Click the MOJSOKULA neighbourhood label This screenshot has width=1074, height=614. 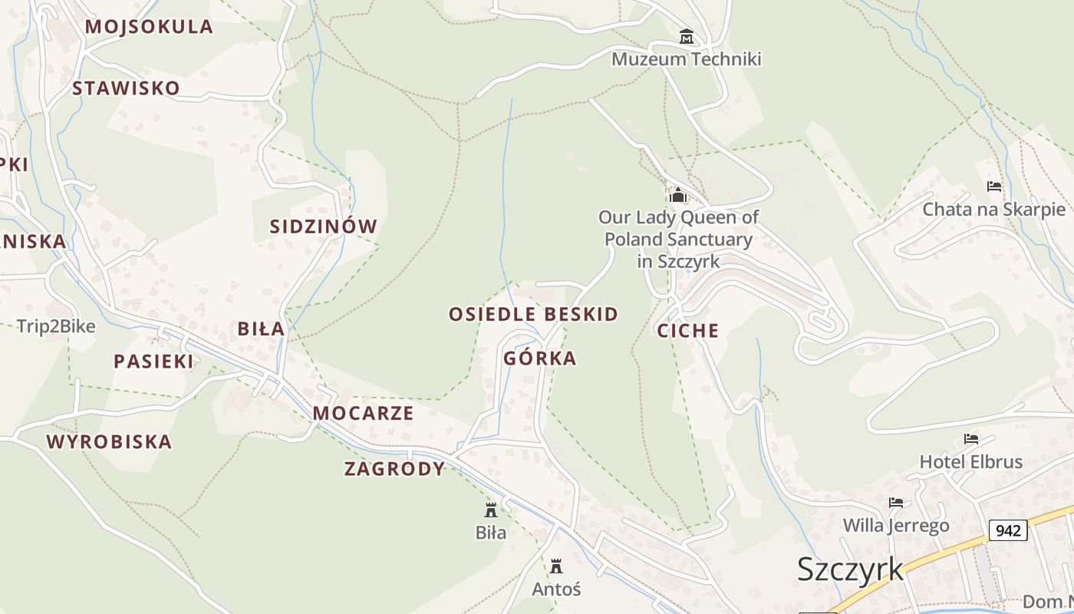point(149,27)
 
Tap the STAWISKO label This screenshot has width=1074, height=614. point(126,88)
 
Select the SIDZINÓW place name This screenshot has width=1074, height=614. point(324,226)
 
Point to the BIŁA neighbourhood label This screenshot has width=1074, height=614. point(261,329)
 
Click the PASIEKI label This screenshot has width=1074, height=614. point(154,361)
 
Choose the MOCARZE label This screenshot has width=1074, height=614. point(363,413)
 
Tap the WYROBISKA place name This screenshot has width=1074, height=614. point(109,442)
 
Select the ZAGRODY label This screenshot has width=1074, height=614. point(394,469)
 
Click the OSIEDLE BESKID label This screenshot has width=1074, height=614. point(533,314)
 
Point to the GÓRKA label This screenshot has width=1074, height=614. point(540,358)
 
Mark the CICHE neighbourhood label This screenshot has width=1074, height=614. point(688,331)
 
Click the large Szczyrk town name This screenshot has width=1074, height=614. point(850,569)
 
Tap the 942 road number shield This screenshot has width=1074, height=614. point(1008,530)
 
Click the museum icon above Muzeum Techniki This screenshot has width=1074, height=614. point(686,37)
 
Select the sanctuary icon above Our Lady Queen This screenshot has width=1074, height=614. point(677,195)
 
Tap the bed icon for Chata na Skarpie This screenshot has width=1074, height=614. point(994,187)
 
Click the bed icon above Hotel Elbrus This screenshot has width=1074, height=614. point(971,439)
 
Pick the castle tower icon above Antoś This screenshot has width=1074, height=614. point(556,566)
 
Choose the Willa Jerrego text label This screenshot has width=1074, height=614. point(896,526)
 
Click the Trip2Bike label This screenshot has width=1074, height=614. point(56,327)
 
